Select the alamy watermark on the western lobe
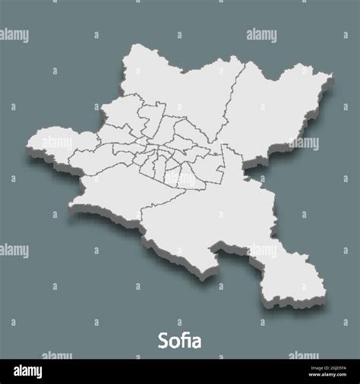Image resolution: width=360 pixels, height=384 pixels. [x=57, y=142]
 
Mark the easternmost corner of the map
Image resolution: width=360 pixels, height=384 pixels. [x=332, y=75]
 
